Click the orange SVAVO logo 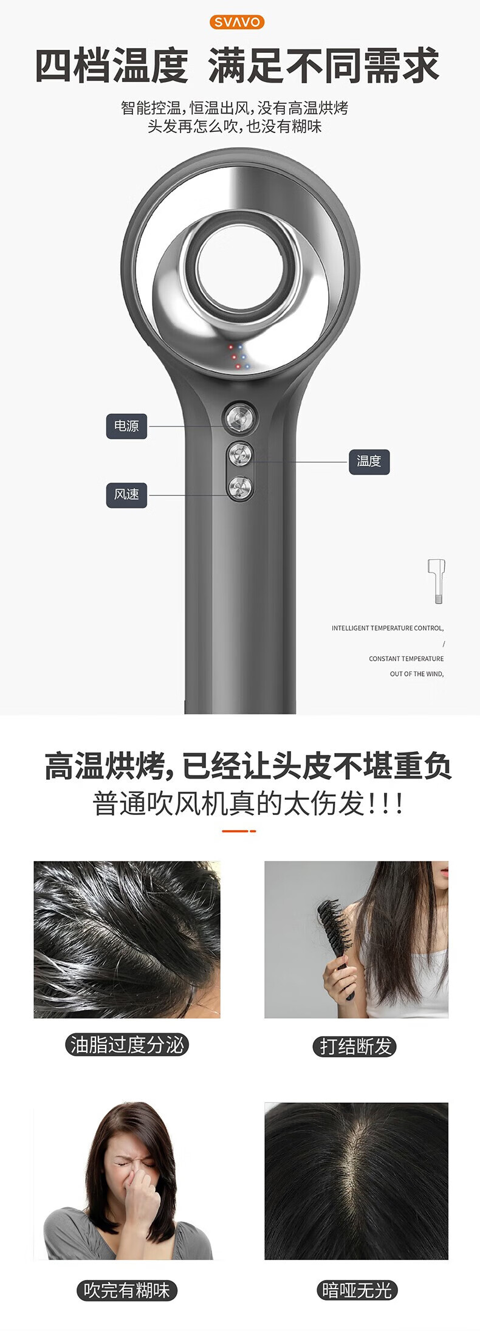point(237,22)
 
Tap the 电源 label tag point(126,426)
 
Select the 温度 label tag point(369,461)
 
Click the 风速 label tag point(126,495)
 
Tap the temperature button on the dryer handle point(240,454)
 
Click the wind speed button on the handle point(240,487)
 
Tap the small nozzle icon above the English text point(437,581)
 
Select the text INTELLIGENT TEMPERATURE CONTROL point(388,628)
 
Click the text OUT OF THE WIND point(417,674)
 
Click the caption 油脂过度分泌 point(127,1045)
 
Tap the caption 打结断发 point(357,1047)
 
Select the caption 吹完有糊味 point(126,1290)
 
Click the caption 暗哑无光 point(357,1290)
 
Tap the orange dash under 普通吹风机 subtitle point(239,831)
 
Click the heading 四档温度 point(112,66)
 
